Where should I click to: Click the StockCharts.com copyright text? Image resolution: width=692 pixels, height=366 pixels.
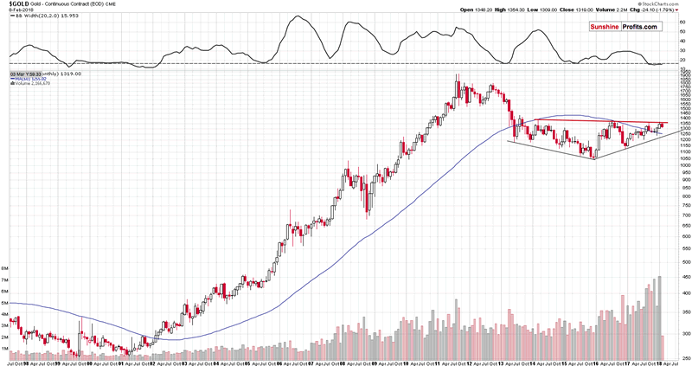coord(661,4)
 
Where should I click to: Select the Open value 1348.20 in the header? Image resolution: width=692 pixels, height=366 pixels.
coord(477,11)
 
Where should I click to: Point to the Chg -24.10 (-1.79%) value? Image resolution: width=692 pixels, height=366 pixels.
coord(666,11)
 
